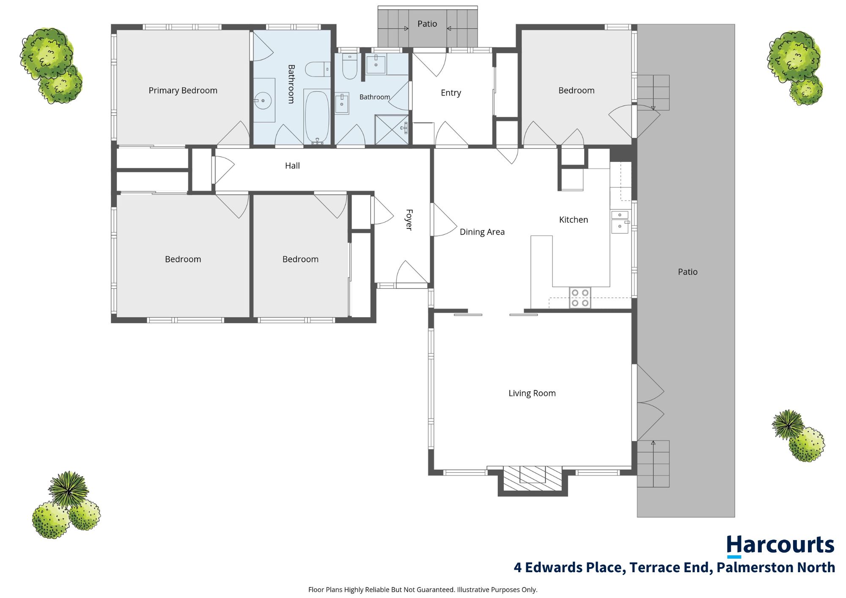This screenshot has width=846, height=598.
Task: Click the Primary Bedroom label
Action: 183,91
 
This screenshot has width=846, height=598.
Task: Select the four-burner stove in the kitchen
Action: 580,298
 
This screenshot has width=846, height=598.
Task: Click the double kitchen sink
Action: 620,222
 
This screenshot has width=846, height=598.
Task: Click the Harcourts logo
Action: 780,546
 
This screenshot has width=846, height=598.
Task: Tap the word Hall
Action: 292,166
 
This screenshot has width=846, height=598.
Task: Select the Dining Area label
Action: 482,232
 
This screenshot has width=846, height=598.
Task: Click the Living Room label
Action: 532,393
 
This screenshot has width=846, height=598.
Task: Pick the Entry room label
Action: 451,93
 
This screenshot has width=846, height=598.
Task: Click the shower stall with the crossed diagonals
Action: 392,129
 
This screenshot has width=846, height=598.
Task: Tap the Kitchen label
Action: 574,220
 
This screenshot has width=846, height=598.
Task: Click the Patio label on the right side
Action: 688,272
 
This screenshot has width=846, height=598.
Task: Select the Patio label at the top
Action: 427,24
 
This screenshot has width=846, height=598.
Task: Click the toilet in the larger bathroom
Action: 318,69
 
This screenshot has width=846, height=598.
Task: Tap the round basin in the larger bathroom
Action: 263,101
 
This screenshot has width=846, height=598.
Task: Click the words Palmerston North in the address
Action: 776,568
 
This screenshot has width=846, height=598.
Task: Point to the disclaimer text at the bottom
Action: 423,590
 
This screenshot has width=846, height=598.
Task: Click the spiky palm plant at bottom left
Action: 68,489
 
